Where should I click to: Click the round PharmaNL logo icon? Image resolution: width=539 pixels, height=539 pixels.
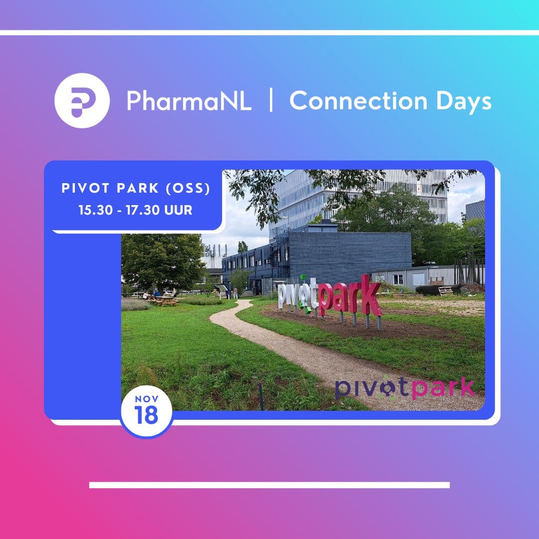82,100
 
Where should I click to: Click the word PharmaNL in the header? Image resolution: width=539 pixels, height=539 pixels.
189,101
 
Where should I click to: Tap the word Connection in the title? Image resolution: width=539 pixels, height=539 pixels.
358,101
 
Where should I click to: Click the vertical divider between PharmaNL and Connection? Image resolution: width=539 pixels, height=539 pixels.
271,100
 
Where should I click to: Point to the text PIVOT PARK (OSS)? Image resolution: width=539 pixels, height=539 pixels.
136,188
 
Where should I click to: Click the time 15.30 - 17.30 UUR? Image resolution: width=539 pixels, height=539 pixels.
135,210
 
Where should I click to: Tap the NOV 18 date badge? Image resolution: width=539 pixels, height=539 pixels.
146,411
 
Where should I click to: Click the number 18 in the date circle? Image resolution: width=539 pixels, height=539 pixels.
146,415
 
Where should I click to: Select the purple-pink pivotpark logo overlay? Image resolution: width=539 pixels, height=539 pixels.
405,388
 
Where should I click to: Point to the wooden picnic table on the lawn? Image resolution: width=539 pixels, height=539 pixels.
163,300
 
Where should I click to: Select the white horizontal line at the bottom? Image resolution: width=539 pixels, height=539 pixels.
269,485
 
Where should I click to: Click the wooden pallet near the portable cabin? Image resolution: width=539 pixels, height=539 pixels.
445,291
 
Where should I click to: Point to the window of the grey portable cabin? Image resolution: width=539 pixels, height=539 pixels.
398,279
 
